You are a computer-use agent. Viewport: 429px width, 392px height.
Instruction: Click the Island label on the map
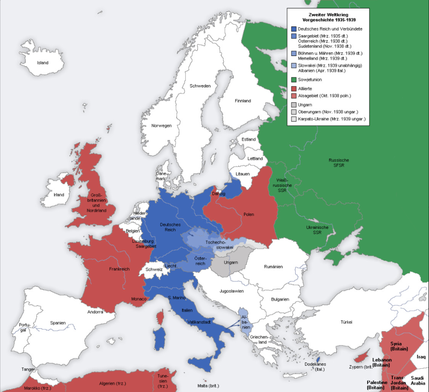pyautogui.click(x=43, y=63)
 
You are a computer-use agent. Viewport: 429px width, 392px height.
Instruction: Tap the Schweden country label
pyautogui.click(x=200, y=86)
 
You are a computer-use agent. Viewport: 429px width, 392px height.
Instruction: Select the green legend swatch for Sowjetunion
pyautogui.click(x=293, y=80)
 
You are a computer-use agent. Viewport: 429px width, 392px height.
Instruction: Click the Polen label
pyautogui.click(x=249, y=215)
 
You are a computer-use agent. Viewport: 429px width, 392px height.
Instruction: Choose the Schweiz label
pyautogui.click(x=154, y=270)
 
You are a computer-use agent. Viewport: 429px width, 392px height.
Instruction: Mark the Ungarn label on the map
pyautogui.click(x=231, y=262)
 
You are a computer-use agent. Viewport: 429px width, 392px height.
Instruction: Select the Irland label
pyautogui.click(x=59, y=195)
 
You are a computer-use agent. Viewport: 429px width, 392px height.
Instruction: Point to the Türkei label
pyautogui.click(x=346, y=322)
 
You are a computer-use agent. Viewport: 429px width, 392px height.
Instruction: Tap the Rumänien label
pyautogui.click(x=273, y=267)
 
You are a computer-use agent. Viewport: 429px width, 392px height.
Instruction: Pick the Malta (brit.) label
pyautogui.click(x=208, y=385)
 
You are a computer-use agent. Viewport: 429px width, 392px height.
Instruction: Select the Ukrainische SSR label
pyautogui.click(x=317, y=230)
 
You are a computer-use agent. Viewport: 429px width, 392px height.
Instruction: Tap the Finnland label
pyautogui.click(x=243, y=101)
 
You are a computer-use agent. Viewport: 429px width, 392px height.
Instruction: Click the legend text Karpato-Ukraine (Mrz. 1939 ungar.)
pyautogui.click(x=332, y=119)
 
